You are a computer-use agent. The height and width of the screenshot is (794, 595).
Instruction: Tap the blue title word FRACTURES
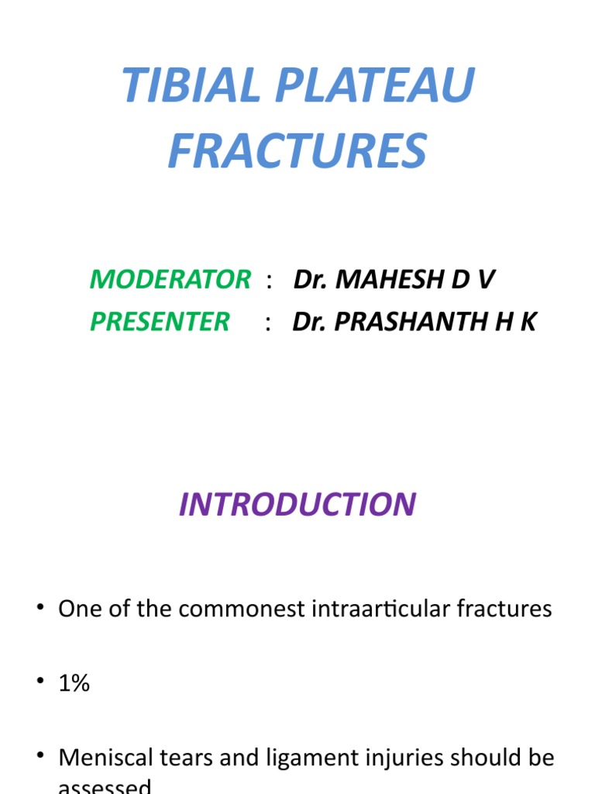point(297,151)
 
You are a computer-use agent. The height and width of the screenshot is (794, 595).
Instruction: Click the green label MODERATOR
point(170,279)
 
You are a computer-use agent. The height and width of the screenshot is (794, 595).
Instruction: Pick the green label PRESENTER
point(160,321)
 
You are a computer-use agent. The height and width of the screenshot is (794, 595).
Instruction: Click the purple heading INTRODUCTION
point(297,504)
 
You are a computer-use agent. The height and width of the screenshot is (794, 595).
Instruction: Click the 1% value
point(74,683)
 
